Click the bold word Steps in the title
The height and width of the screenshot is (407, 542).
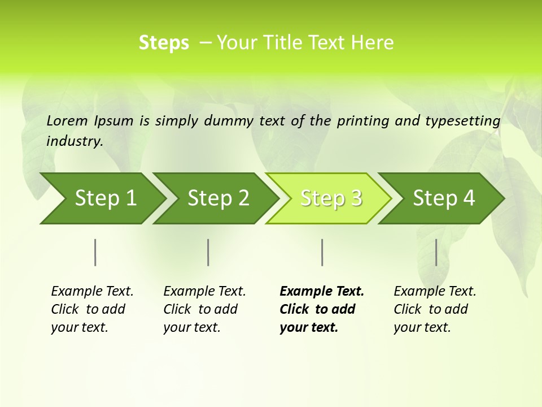coord(164,43)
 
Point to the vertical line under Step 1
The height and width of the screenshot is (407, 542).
coord(95,252)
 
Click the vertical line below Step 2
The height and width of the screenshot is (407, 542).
coord(208,252)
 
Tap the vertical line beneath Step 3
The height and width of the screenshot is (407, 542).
coord(322,252)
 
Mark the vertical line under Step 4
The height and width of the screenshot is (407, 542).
coord(436,252)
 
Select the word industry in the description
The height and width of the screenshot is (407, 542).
coord(75,141)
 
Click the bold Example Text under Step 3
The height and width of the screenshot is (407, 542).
coord(322,292)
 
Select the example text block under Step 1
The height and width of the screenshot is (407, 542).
coord(92,309)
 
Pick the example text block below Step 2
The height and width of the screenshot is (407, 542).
coord(204,309)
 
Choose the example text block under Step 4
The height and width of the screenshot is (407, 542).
coord(435,309)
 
